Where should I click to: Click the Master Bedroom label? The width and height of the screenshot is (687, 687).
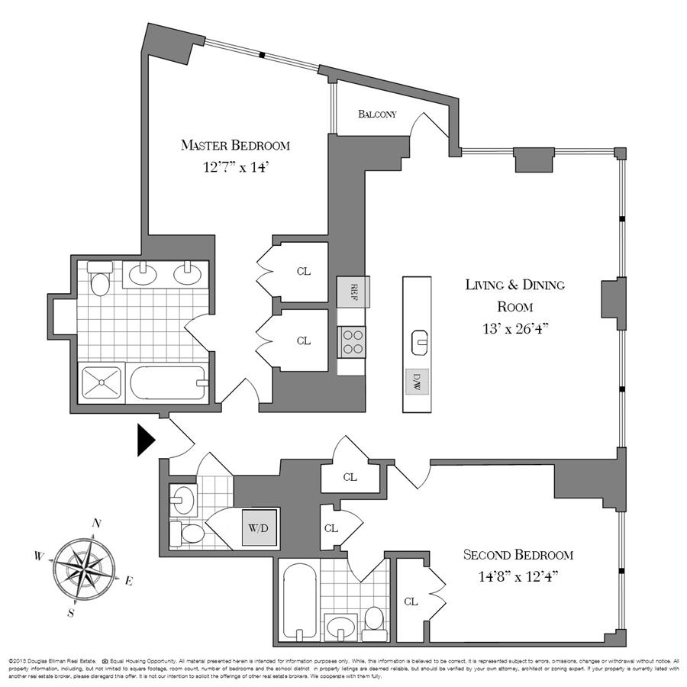(235, 145)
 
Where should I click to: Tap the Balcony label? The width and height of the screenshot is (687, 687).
(377, 114)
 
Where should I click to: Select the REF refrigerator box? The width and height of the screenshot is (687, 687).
(353, 291)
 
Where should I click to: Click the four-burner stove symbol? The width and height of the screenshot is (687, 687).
(353, 340)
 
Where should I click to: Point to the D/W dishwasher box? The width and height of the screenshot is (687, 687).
(417, 379)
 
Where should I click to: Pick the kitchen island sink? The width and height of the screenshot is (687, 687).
(419, 341)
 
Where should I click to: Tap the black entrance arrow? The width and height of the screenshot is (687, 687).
(146, 440)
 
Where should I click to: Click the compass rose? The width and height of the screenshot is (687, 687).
(85, 568)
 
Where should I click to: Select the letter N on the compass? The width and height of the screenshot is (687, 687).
(97, 523)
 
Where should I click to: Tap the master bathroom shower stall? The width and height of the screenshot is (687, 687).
(102, 383)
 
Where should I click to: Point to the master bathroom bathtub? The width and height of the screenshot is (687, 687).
(167, 383)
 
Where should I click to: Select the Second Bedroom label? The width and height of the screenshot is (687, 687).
(518, 555)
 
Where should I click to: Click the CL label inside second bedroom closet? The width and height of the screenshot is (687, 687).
(411, 602)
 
